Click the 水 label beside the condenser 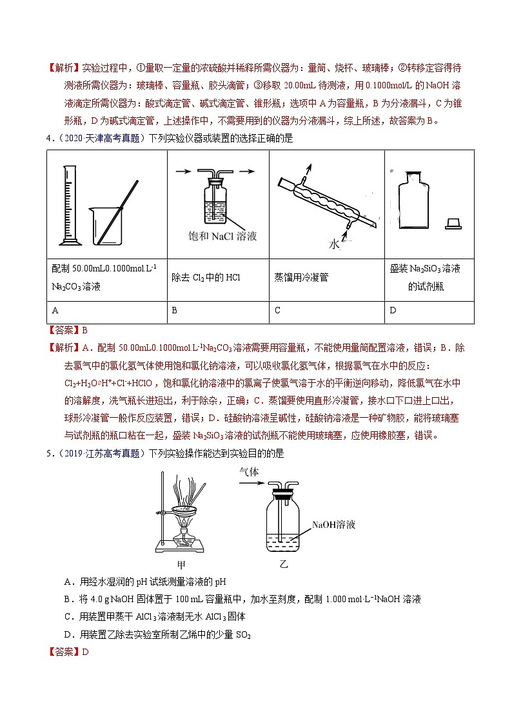(x=333, y=245)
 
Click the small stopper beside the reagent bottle (x=453, y=224)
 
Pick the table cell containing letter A (x=107, y=310)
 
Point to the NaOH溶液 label (x=333, y=525)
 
